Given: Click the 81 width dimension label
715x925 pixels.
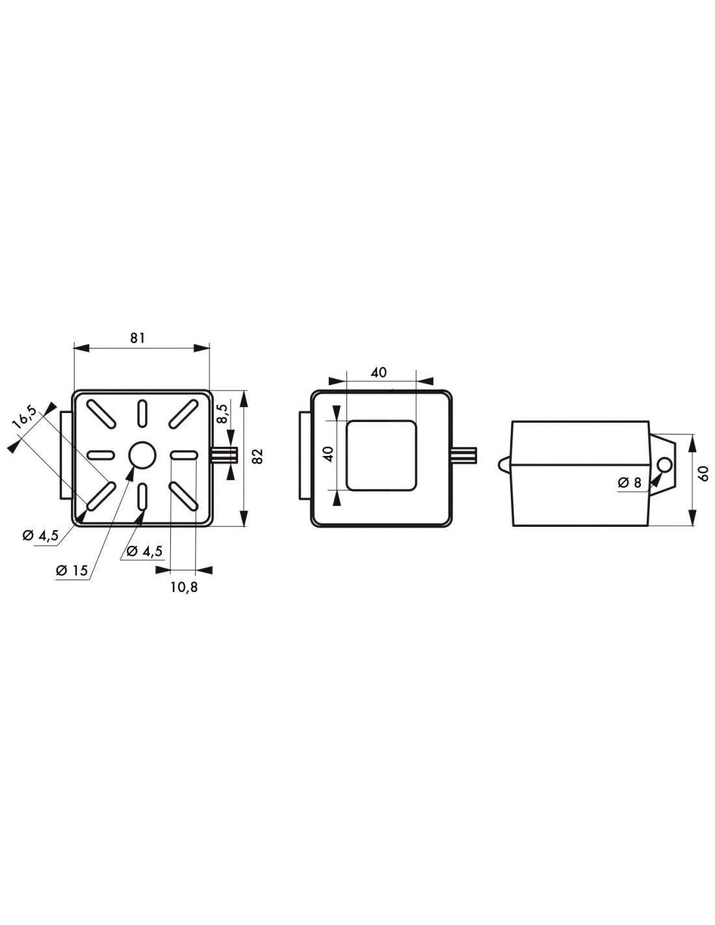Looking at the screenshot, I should pos(137,338).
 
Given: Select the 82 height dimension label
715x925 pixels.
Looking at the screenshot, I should pos(258,456).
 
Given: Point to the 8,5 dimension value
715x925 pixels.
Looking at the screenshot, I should pos(223,412).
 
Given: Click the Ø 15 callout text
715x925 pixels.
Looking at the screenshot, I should pos(71,570).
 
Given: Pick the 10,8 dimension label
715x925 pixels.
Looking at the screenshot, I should pos(184,587).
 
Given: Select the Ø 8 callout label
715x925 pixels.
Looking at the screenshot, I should pos(629,483).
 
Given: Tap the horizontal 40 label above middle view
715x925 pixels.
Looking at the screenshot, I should pos(378,372).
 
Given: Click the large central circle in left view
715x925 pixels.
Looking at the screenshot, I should pos(142,455).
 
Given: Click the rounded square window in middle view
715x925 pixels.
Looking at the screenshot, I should pos(381,454).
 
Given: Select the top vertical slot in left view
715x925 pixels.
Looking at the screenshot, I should pos(142,414).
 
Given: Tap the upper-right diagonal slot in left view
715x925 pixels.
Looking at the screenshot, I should pos(183,414).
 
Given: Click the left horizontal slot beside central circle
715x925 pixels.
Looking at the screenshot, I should pos(100,455).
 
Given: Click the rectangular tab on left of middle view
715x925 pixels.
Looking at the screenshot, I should pos(305,455).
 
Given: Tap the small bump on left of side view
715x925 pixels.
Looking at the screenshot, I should pos(504,464).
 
